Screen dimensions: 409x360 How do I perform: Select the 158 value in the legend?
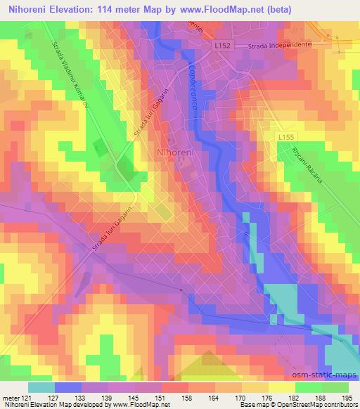[188, 398]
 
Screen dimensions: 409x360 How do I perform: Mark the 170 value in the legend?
[240, 398]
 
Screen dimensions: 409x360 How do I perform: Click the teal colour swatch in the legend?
[41, 387]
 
